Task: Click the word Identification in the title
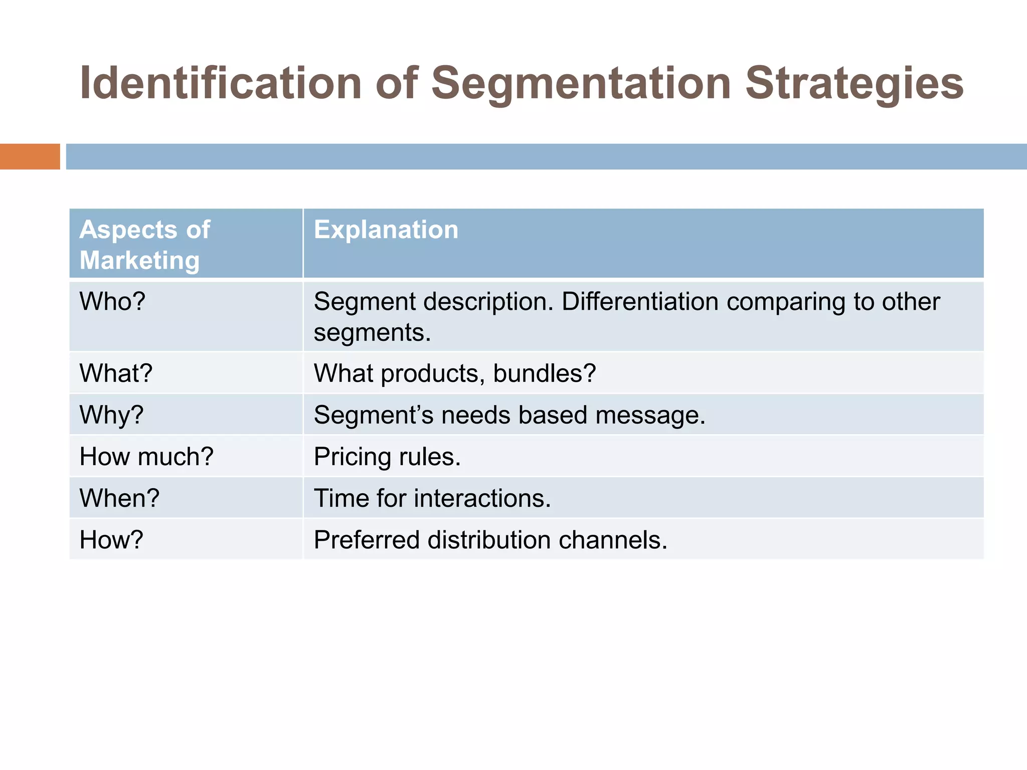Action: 221,83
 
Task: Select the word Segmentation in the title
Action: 581,83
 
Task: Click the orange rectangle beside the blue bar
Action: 30,156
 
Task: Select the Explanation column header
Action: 386,230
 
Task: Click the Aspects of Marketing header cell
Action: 144,245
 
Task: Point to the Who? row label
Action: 112,302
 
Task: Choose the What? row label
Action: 116,373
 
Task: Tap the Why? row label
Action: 111,415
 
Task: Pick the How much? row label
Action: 146,457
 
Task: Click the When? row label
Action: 119,498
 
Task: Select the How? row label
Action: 111,540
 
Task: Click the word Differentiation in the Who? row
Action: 640,302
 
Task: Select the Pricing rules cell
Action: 387,457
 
